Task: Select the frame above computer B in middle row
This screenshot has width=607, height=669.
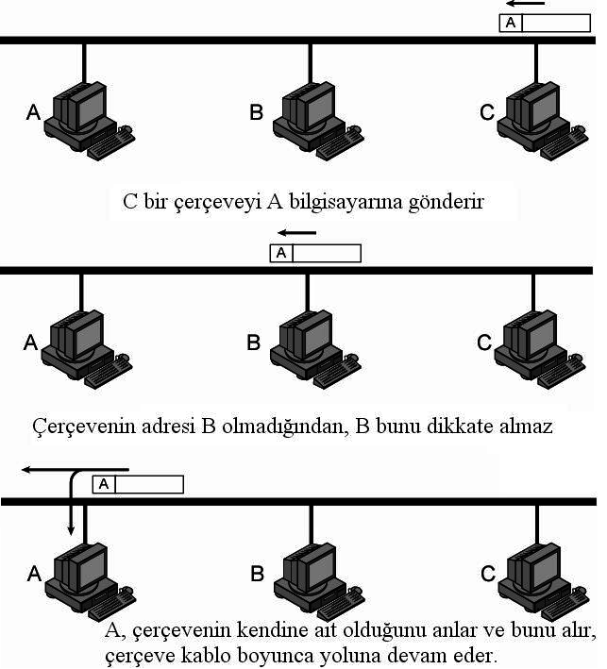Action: coord(315,253)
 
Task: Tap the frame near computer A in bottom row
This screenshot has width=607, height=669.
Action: coord(138,484)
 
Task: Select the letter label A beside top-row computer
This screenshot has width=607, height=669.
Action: coord(33,113)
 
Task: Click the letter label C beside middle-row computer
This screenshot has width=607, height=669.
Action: coord(484,343)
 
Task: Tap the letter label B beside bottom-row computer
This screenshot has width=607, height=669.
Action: coord(256,574)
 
